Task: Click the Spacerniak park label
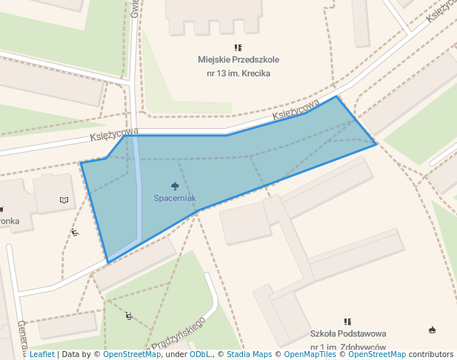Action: point(175,199)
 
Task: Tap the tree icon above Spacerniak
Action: point(175,185)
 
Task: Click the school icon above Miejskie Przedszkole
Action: point(237,47)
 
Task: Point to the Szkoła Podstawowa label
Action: point(348,334)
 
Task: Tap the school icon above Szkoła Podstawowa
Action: point(347,321)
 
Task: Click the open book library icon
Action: point(64,200)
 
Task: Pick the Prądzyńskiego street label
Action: point(178,334)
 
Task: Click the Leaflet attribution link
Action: point(41,355)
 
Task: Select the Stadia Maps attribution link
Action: point(249,355)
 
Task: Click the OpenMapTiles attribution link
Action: point(310,355)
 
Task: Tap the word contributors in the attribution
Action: point(431,355)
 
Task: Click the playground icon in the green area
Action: point(130,316)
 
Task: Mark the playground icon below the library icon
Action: point(75,233)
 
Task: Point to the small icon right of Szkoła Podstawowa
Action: point(432,330)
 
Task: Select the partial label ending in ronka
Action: point(9,220)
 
